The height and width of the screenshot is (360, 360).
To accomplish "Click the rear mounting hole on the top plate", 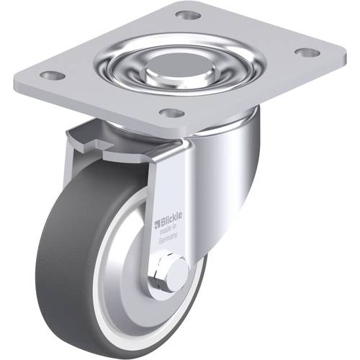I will tap(188, 14).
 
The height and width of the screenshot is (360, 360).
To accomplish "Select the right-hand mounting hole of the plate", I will tap(307, 52).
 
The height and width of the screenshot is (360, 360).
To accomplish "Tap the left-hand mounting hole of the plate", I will tap(50, 74).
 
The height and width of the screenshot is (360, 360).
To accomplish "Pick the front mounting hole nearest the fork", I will tap(171, 113).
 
